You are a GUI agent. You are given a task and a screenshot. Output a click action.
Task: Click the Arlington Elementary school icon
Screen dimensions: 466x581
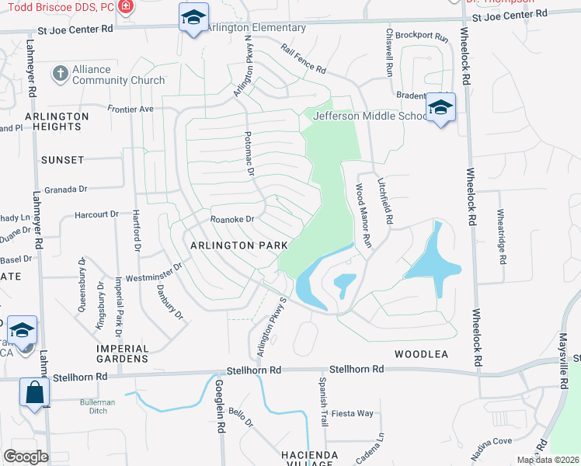[193, 17]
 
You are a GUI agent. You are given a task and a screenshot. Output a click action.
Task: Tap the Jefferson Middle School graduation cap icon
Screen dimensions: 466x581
[440, 108]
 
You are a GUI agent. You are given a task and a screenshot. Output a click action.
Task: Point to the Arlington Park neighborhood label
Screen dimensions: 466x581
[239, 245]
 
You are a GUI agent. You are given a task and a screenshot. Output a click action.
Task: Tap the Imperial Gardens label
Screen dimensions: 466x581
[122, 353]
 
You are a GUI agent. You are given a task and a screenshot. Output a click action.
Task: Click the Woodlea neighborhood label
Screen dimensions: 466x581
[421, 353]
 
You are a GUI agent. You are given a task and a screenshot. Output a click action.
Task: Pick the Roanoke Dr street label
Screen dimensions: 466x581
[233, 219]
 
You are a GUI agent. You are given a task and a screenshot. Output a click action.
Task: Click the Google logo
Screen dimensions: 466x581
[26, 456]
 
